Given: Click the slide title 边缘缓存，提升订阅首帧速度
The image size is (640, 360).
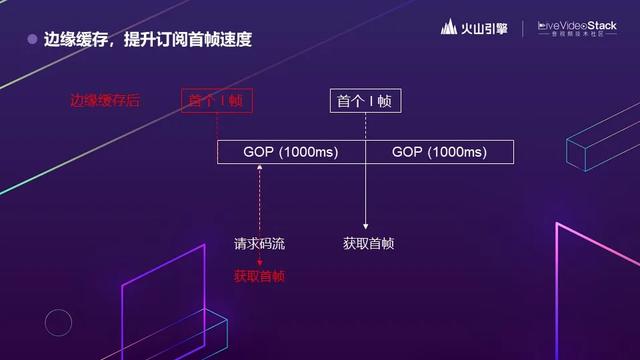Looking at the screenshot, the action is click(147, 41).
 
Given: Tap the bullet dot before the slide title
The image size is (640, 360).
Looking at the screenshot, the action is click(32, 41).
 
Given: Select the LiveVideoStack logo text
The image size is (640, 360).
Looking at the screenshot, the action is click(577, 26).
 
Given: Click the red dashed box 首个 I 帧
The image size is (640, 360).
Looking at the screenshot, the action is click(217, 101).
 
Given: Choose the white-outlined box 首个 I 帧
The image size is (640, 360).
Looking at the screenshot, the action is click(364, 101).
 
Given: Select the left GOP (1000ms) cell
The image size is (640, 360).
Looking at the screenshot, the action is click(291, 152).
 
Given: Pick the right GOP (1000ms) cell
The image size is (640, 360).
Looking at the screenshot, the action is click(439, 152).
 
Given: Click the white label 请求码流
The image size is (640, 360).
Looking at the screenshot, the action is click(259, 243).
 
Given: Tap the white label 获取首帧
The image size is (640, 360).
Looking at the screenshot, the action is click(367, 243).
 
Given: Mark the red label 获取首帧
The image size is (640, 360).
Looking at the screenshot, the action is click(259, 275).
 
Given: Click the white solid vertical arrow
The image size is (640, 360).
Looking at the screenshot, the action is click(365, 190).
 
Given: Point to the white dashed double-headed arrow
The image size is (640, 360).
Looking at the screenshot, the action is click(260, 200).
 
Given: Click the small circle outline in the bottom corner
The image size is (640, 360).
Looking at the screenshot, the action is click(59, 322).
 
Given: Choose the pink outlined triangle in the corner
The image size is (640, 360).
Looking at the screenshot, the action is click(596, 290).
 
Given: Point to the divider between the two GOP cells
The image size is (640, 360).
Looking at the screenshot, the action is click(365, 152).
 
